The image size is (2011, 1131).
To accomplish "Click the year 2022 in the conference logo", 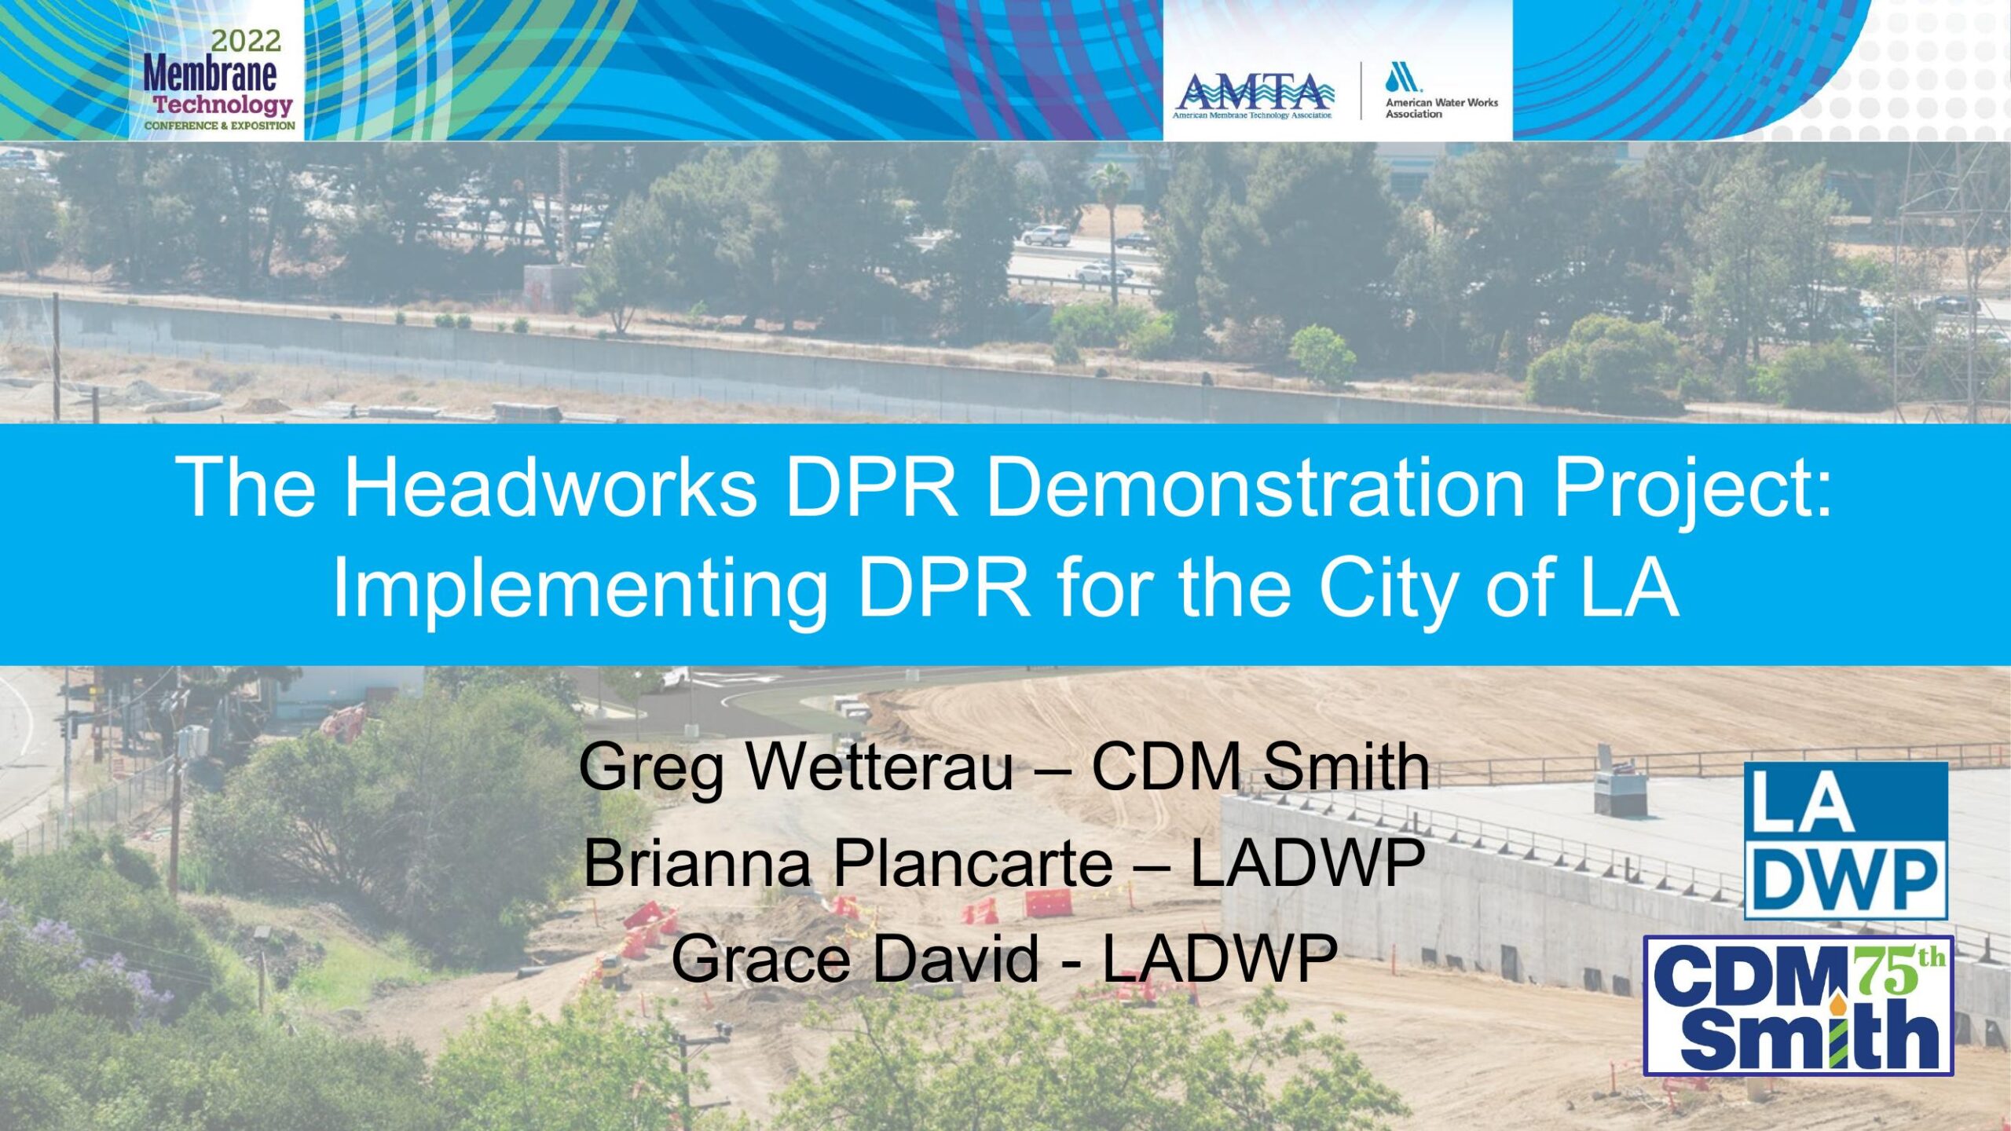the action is pos(245,40).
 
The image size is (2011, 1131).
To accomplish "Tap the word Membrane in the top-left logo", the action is pos(210,75).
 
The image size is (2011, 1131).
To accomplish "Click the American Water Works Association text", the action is pos(1441,108).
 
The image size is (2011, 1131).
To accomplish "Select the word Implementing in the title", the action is pos(581,590).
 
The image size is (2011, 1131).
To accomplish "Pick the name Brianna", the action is pos(697,862).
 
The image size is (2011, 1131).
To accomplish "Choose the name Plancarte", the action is pos(973,862).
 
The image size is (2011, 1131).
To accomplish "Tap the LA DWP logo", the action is pos(1846,840).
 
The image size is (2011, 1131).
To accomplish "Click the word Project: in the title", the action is pos(1693,489).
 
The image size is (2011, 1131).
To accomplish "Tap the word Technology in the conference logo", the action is pos(223,104).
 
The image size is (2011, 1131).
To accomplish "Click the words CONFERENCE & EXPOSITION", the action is pos(220,126).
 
